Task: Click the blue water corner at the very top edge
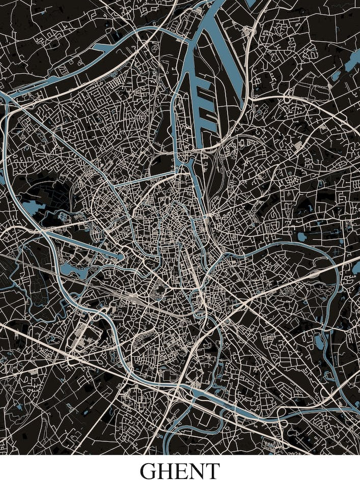(250, 3)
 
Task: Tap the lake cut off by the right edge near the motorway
(356, 267)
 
